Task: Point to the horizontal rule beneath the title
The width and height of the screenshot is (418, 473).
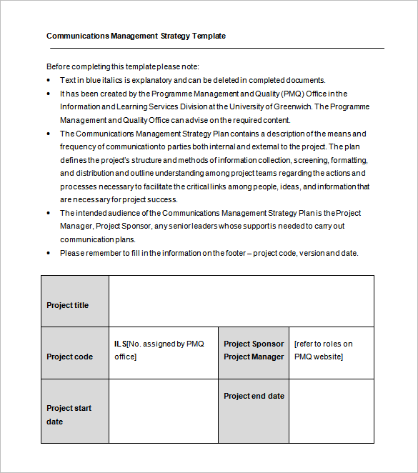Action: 215,48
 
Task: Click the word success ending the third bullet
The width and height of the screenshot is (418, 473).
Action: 162,200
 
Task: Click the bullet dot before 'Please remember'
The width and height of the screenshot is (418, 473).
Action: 49,253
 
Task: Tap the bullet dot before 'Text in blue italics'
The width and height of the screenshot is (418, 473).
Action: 49,80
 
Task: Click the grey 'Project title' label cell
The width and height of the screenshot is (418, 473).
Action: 75,302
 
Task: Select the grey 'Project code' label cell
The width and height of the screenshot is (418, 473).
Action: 75,353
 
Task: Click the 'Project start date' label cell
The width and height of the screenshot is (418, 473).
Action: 75,411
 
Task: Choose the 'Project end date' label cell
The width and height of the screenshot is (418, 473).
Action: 254,411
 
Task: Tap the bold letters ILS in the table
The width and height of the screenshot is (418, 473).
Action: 120,344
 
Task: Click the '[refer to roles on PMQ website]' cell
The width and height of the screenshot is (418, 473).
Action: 331,350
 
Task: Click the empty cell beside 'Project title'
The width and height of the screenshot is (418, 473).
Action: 241,302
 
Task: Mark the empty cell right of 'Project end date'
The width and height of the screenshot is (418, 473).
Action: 331,411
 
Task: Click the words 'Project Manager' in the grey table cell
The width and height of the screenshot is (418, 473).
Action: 254,357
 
